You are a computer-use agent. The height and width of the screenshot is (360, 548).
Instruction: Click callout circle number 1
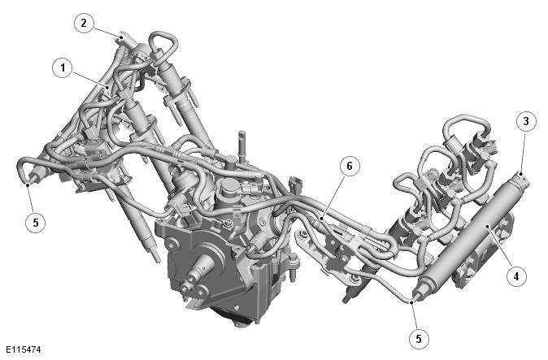pyautogui.click(x=63, y=67)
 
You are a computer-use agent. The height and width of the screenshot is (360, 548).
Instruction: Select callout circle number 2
pyautogui.click(x=84, y=23)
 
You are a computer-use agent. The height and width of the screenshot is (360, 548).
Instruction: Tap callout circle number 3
pyautogui.click(x=526, y=121)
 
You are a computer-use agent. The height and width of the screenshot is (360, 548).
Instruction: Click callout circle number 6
pyautogui.click(x=350, y=166)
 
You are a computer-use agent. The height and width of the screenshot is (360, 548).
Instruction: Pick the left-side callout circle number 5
pyautogui.click(x=36, y=223)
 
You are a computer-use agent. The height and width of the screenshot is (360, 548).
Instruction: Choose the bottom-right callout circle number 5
pyautogui.click(x=419, y=338)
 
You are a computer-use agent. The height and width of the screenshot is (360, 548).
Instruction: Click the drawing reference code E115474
pyautogui.click(x=23, y=349)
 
